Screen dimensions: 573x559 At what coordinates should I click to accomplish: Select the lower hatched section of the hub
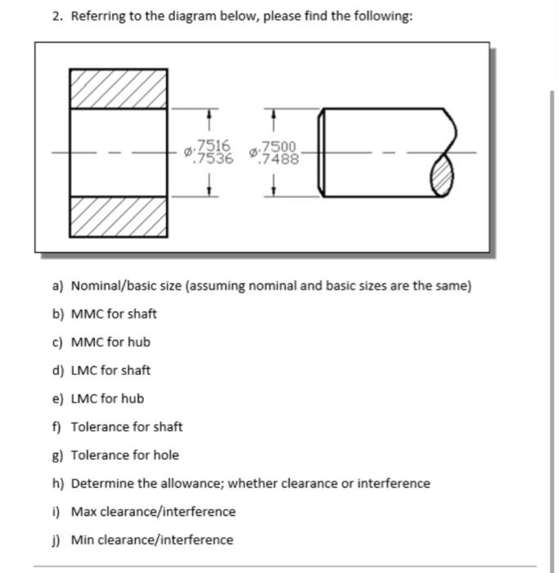(x=118, y=215)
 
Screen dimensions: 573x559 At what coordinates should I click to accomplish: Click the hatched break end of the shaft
(x=441, y=174)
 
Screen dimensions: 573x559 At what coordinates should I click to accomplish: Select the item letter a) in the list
(x=57, y=286)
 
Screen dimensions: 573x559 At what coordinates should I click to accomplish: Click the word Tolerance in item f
(x=98, y=426)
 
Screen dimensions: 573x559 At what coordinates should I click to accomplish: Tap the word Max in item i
(x=83, y=512)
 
